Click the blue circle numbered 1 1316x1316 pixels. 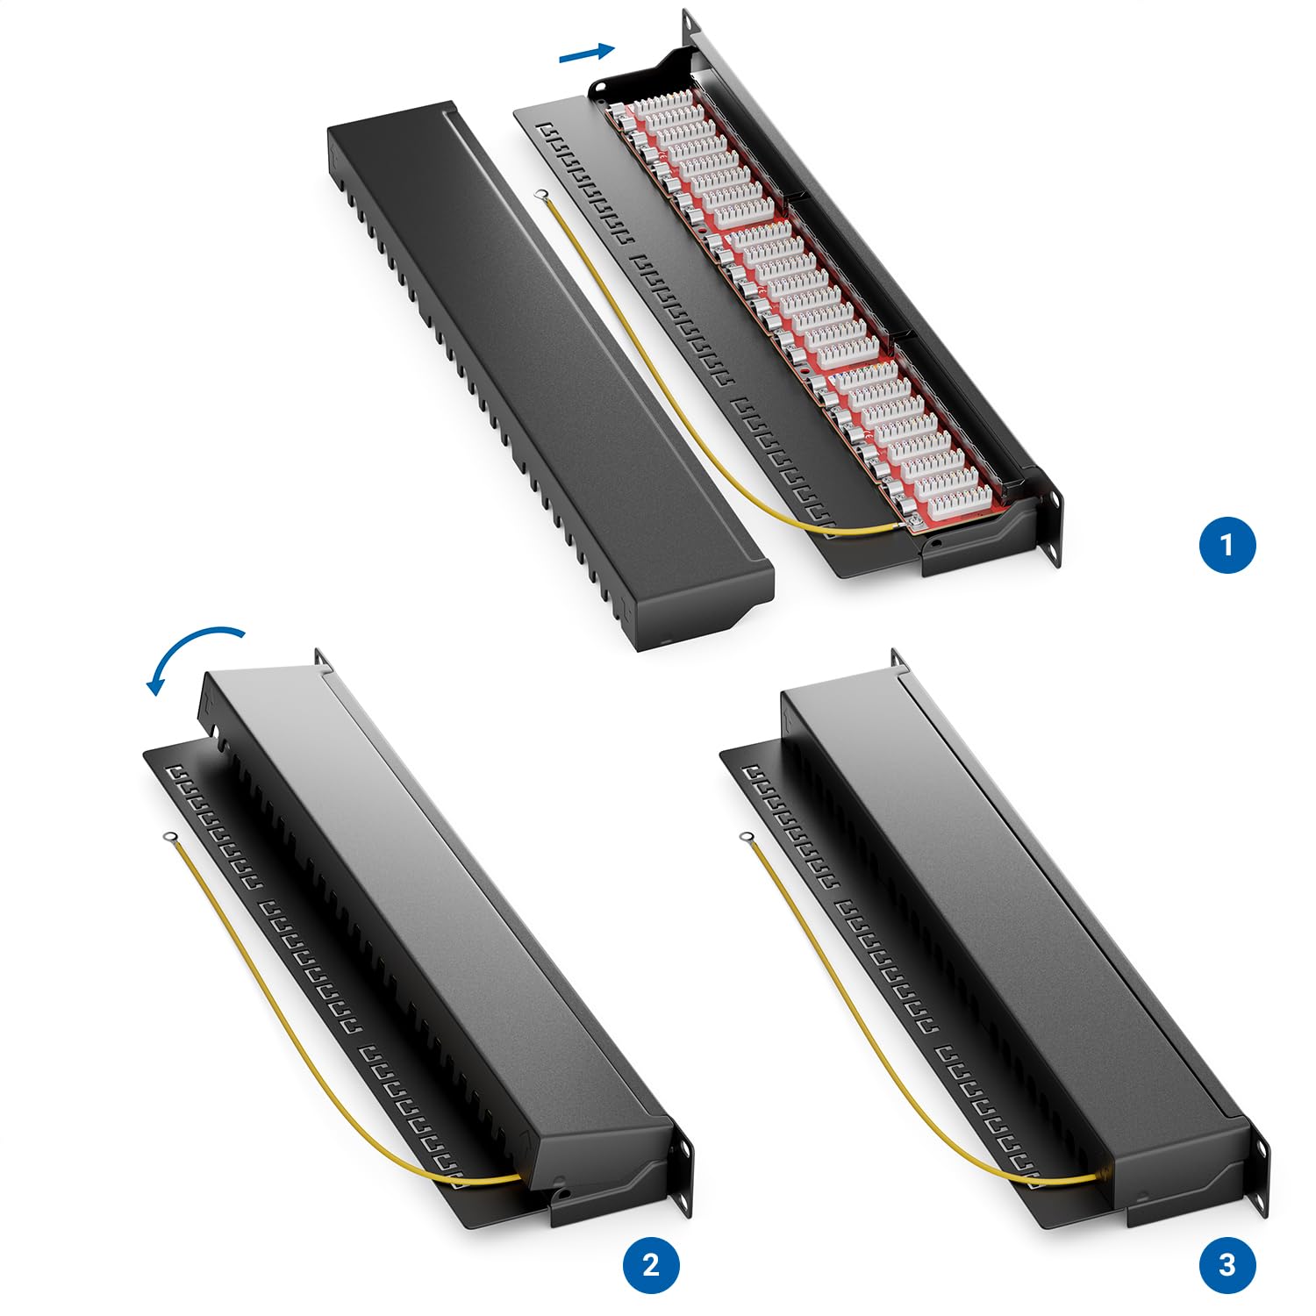click(x=1227, y=545)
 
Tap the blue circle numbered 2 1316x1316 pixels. click(x=650, y=1264)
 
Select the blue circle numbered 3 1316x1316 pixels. click(x=1227, y=1264)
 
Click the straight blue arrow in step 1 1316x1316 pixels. click(x=587, y=54)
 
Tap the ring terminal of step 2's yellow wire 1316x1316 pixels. click(x=166, y=839)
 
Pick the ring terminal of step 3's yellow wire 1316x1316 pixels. click(x=747, y=839)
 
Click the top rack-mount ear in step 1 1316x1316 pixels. click(x=692, y=25)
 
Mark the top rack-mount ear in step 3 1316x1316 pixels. click(x=898, y=662)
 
